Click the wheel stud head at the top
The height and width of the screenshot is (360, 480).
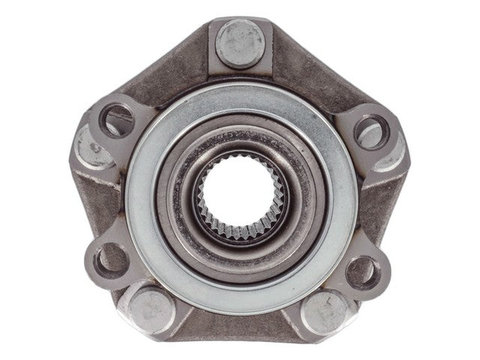[240, 43]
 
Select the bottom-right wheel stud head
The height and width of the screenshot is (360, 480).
[325, 309]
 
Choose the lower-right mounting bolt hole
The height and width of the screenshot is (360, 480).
[362, 270]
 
